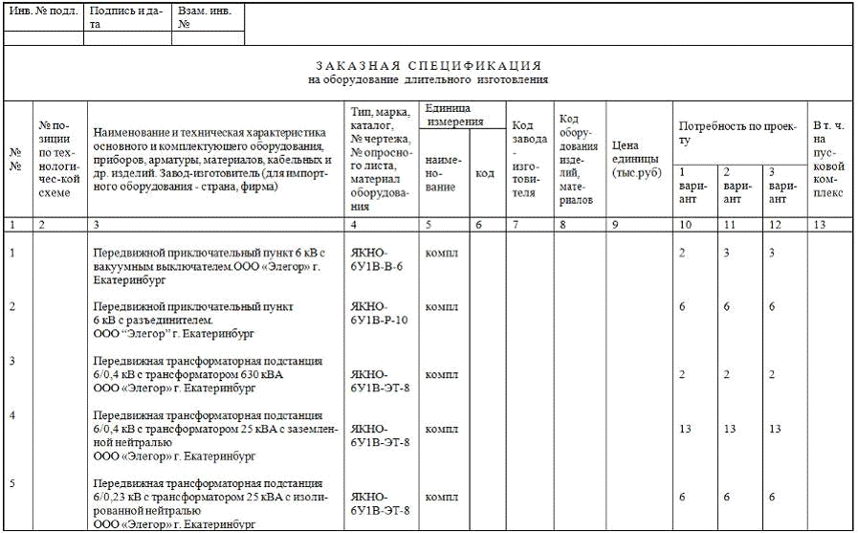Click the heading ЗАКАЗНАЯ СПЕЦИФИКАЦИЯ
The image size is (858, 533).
428,66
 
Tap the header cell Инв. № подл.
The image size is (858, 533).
43,11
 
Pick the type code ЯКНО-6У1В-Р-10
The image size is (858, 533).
380,313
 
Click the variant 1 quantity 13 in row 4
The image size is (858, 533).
685,429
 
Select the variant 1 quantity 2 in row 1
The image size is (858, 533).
682,253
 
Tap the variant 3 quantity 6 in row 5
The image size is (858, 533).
771,498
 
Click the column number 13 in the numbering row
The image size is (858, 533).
818,225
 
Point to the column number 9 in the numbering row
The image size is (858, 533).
614,225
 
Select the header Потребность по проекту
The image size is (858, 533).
737,133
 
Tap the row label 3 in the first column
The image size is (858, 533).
12,361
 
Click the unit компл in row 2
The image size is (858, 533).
441,307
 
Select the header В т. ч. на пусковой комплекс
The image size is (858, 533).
828,159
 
